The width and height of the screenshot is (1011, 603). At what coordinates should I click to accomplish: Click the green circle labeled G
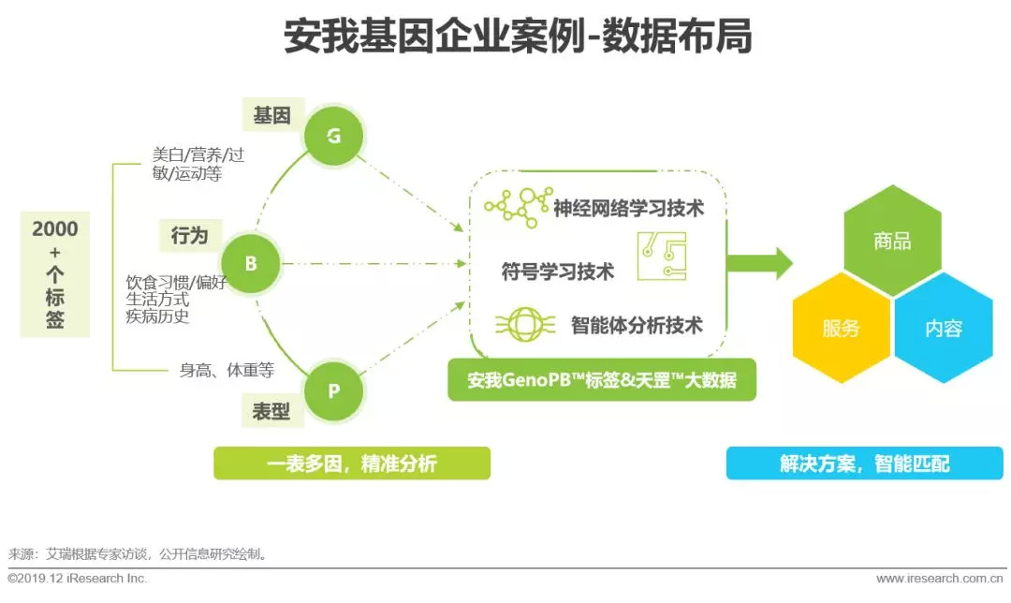tap(334, 136)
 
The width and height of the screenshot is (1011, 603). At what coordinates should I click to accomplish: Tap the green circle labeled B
tap(251, 264)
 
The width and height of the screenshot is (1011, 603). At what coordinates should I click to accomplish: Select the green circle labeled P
tap(333, 390)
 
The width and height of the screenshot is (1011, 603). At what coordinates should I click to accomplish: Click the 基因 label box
tap(272, 116)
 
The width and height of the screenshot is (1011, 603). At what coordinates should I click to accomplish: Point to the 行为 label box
tap(190, 235)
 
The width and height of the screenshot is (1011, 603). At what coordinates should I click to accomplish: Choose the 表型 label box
tap(271, 411)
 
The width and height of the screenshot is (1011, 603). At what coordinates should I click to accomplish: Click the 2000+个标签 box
tap(55, 274)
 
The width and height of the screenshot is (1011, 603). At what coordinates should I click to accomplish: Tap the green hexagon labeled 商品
tap(892, 241)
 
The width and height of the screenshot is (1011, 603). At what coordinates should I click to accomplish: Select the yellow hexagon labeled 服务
tap(842, 328)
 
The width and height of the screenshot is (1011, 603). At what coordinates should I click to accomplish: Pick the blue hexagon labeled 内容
tap(944, 328)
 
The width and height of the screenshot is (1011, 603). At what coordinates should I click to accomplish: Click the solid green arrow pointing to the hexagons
tap(759, 263)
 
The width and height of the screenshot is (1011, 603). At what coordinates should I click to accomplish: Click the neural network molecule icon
tap(519, 207)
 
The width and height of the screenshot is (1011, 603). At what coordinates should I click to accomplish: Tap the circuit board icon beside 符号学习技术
tap(662, 257)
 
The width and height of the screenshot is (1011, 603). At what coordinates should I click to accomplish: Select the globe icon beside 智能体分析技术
tap(525, 324)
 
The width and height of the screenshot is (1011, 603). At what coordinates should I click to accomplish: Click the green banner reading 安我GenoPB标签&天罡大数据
tap(602, 380)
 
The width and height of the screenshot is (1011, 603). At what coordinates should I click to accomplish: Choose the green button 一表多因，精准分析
tap(352, 463)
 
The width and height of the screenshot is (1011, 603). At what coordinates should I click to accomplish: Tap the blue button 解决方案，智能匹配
tap(865, 463)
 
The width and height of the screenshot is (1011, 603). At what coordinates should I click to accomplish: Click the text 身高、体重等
tap(227, 370)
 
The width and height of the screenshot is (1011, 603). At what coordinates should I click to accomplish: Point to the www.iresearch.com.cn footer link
tap(940, 579)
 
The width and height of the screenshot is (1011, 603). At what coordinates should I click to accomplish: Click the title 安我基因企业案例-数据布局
tap(519, 37)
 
